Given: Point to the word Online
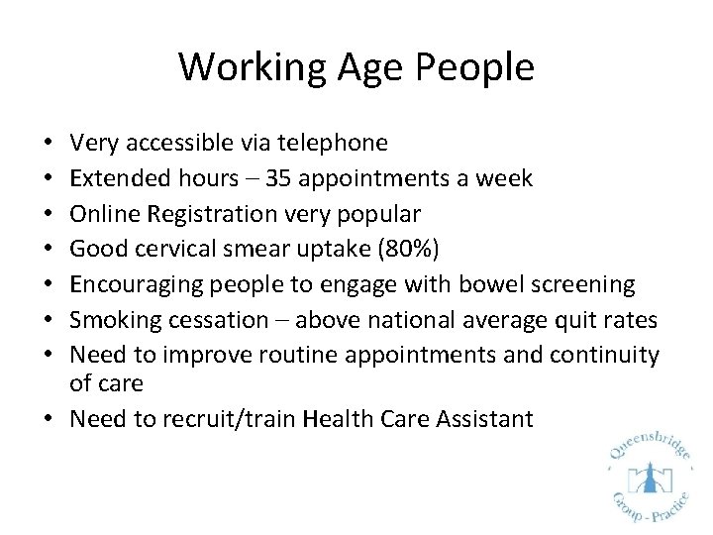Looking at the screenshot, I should click(104, 214).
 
